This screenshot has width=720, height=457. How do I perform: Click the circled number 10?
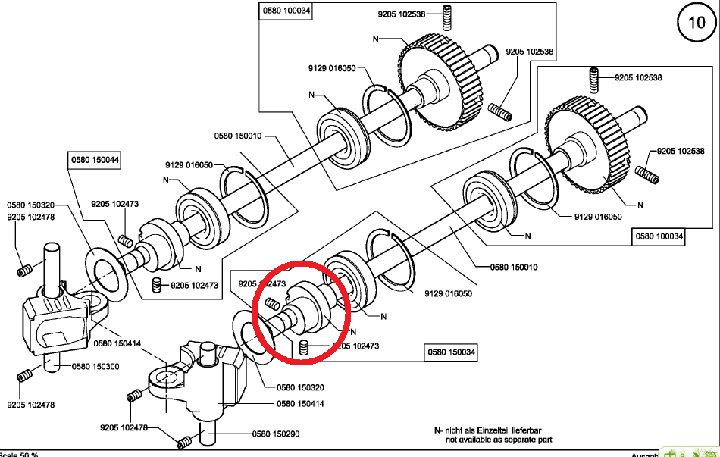(696, 23)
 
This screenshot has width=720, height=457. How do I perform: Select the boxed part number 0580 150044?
(95, 160)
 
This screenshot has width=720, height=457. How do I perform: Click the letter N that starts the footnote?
(437, 430)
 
